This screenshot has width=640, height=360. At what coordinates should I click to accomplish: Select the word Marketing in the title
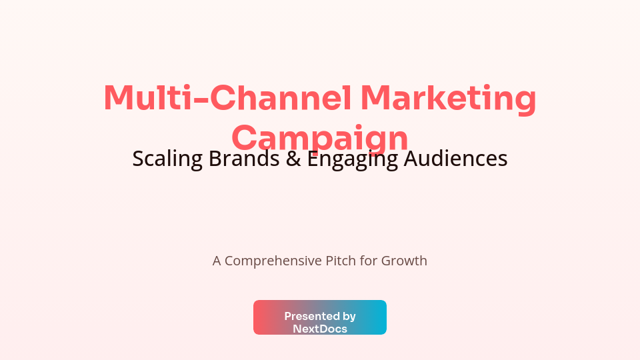(x=448, y=98)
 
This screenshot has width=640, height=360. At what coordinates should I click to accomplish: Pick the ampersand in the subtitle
(x=293, y=159)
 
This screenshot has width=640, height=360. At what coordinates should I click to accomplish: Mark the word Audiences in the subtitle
(x=456, y=159)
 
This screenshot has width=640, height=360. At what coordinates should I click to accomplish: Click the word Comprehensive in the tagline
(x=273, y=261)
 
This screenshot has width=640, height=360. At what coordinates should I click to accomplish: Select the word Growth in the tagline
(x=404, y=261)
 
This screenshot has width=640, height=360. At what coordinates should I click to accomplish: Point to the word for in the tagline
(x=369, y=261)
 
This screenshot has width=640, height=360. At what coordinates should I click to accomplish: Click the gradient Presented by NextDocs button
(x=320, y=317)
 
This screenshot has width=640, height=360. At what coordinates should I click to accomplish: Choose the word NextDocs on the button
(x=320, y=329)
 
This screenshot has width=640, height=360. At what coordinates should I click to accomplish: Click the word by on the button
(x=349, y=316)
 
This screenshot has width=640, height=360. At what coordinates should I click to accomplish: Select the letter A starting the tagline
(x=217, y=261)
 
